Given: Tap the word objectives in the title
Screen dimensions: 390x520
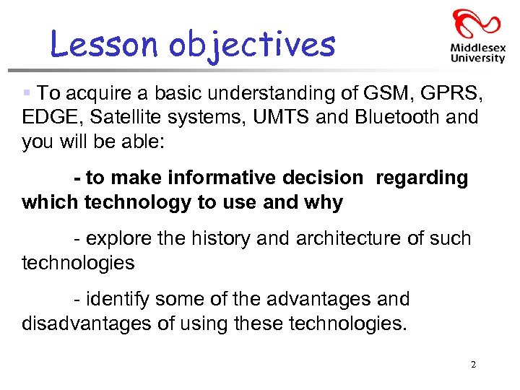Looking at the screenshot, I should [x=252, y=45].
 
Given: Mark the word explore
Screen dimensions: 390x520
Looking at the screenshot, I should [x=120, y=238].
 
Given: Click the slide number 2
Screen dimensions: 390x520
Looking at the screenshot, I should [x=473, y=365].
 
